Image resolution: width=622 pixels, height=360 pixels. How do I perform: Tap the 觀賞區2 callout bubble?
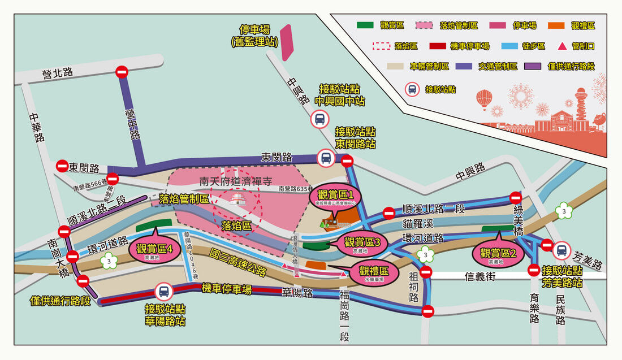point(498,255)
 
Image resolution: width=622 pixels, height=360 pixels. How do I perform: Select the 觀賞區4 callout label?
point(154,249)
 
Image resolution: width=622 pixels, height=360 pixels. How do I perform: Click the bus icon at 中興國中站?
point(319,119)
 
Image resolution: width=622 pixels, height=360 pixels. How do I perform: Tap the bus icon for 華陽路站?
point(163,292)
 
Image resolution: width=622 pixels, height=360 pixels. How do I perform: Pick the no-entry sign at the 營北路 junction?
point(122,72)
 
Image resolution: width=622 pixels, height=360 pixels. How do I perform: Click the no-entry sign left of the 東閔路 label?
point(62,166)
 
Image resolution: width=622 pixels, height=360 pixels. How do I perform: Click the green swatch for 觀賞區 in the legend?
point(365,25)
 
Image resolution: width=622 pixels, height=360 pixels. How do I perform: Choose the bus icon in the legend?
point(413,89)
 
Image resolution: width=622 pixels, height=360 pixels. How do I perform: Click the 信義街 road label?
point(481,276)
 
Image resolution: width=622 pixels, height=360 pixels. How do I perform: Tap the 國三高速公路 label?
point(237,262)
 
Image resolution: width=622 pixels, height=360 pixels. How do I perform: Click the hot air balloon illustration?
point(484,99)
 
